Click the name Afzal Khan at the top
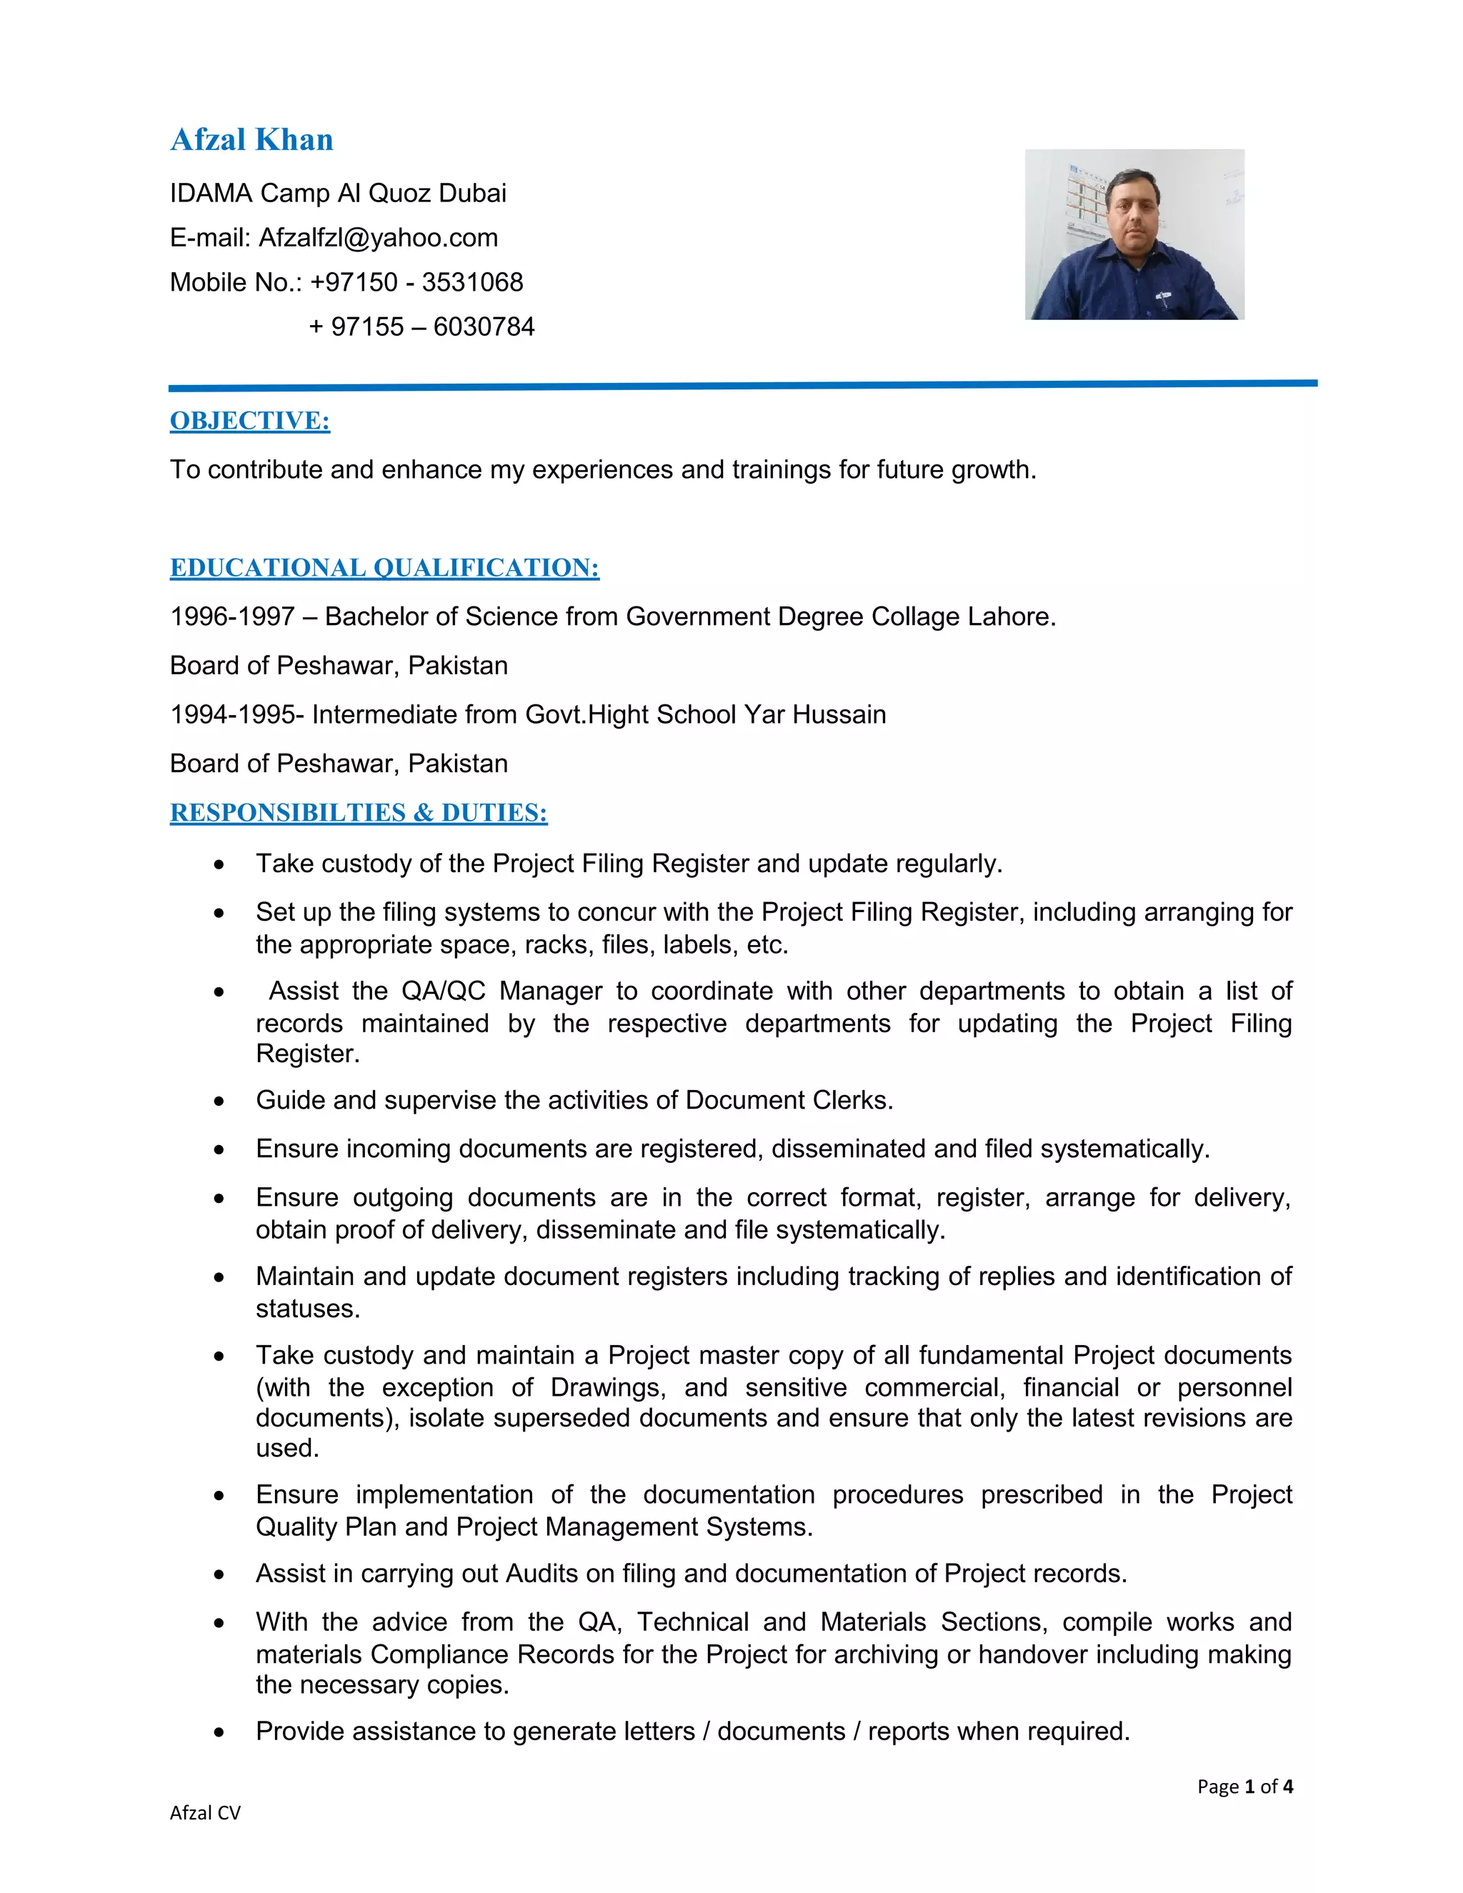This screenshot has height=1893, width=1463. point(251,139)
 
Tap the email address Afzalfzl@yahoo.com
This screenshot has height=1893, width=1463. point(378,237)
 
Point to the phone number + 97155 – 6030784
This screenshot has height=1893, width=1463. point(421,326)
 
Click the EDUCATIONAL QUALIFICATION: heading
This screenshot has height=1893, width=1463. point(384,568)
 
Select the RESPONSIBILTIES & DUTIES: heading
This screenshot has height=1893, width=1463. point(358,812)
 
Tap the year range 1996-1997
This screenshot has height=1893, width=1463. point(232,616)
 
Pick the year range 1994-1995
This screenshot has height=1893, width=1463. point(232,714)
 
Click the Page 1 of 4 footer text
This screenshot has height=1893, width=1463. point(1244,1786)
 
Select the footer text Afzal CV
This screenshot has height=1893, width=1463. point(204,1812)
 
